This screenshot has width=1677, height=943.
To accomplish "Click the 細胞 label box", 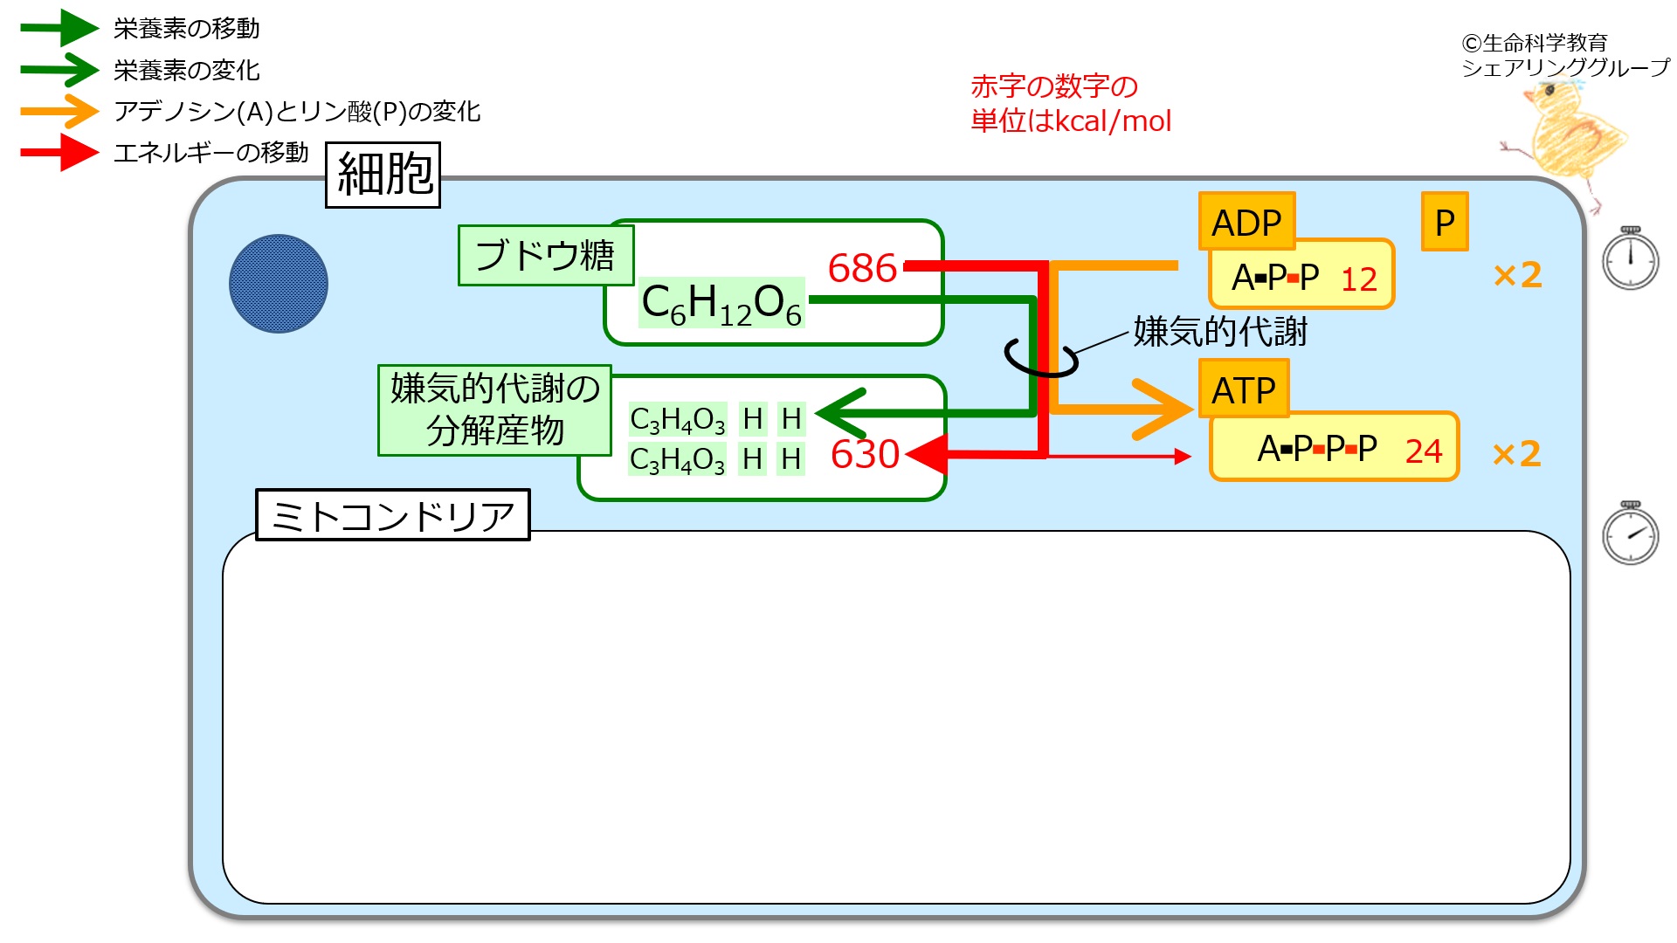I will [x=383, y=175].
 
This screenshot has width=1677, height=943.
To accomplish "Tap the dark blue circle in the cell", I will [x=279, y=284].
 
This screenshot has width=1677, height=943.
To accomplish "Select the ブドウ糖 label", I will [x=545, y=255].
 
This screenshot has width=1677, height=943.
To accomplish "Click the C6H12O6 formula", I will [x=721, y=304].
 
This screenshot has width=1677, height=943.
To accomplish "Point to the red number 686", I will [x=862, y=268].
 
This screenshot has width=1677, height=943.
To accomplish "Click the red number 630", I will [x=865, y=454].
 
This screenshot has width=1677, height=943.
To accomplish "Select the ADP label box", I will [x=1246, y=222].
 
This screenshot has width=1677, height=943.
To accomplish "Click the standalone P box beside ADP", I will [x=1445, y=222].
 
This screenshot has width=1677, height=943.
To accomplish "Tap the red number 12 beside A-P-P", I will [x=1359, y=279].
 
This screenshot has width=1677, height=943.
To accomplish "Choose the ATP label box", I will [x=1244, y=389].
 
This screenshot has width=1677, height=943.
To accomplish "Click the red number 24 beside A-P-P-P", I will [x=1424, y=451].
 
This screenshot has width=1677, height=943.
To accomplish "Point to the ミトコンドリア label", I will [x=393, y=515].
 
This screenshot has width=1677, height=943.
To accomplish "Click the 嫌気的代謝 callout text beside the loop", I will [x=1220, y=332].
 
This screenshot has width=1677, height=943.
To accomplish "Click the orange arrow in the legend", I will [x=59, y=111].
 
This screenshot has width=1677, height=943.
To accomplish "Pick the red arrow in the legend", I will [x=59, y=153].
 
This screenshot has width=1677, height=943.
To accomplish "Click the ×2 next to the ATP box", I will [x=1517, y=454].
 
